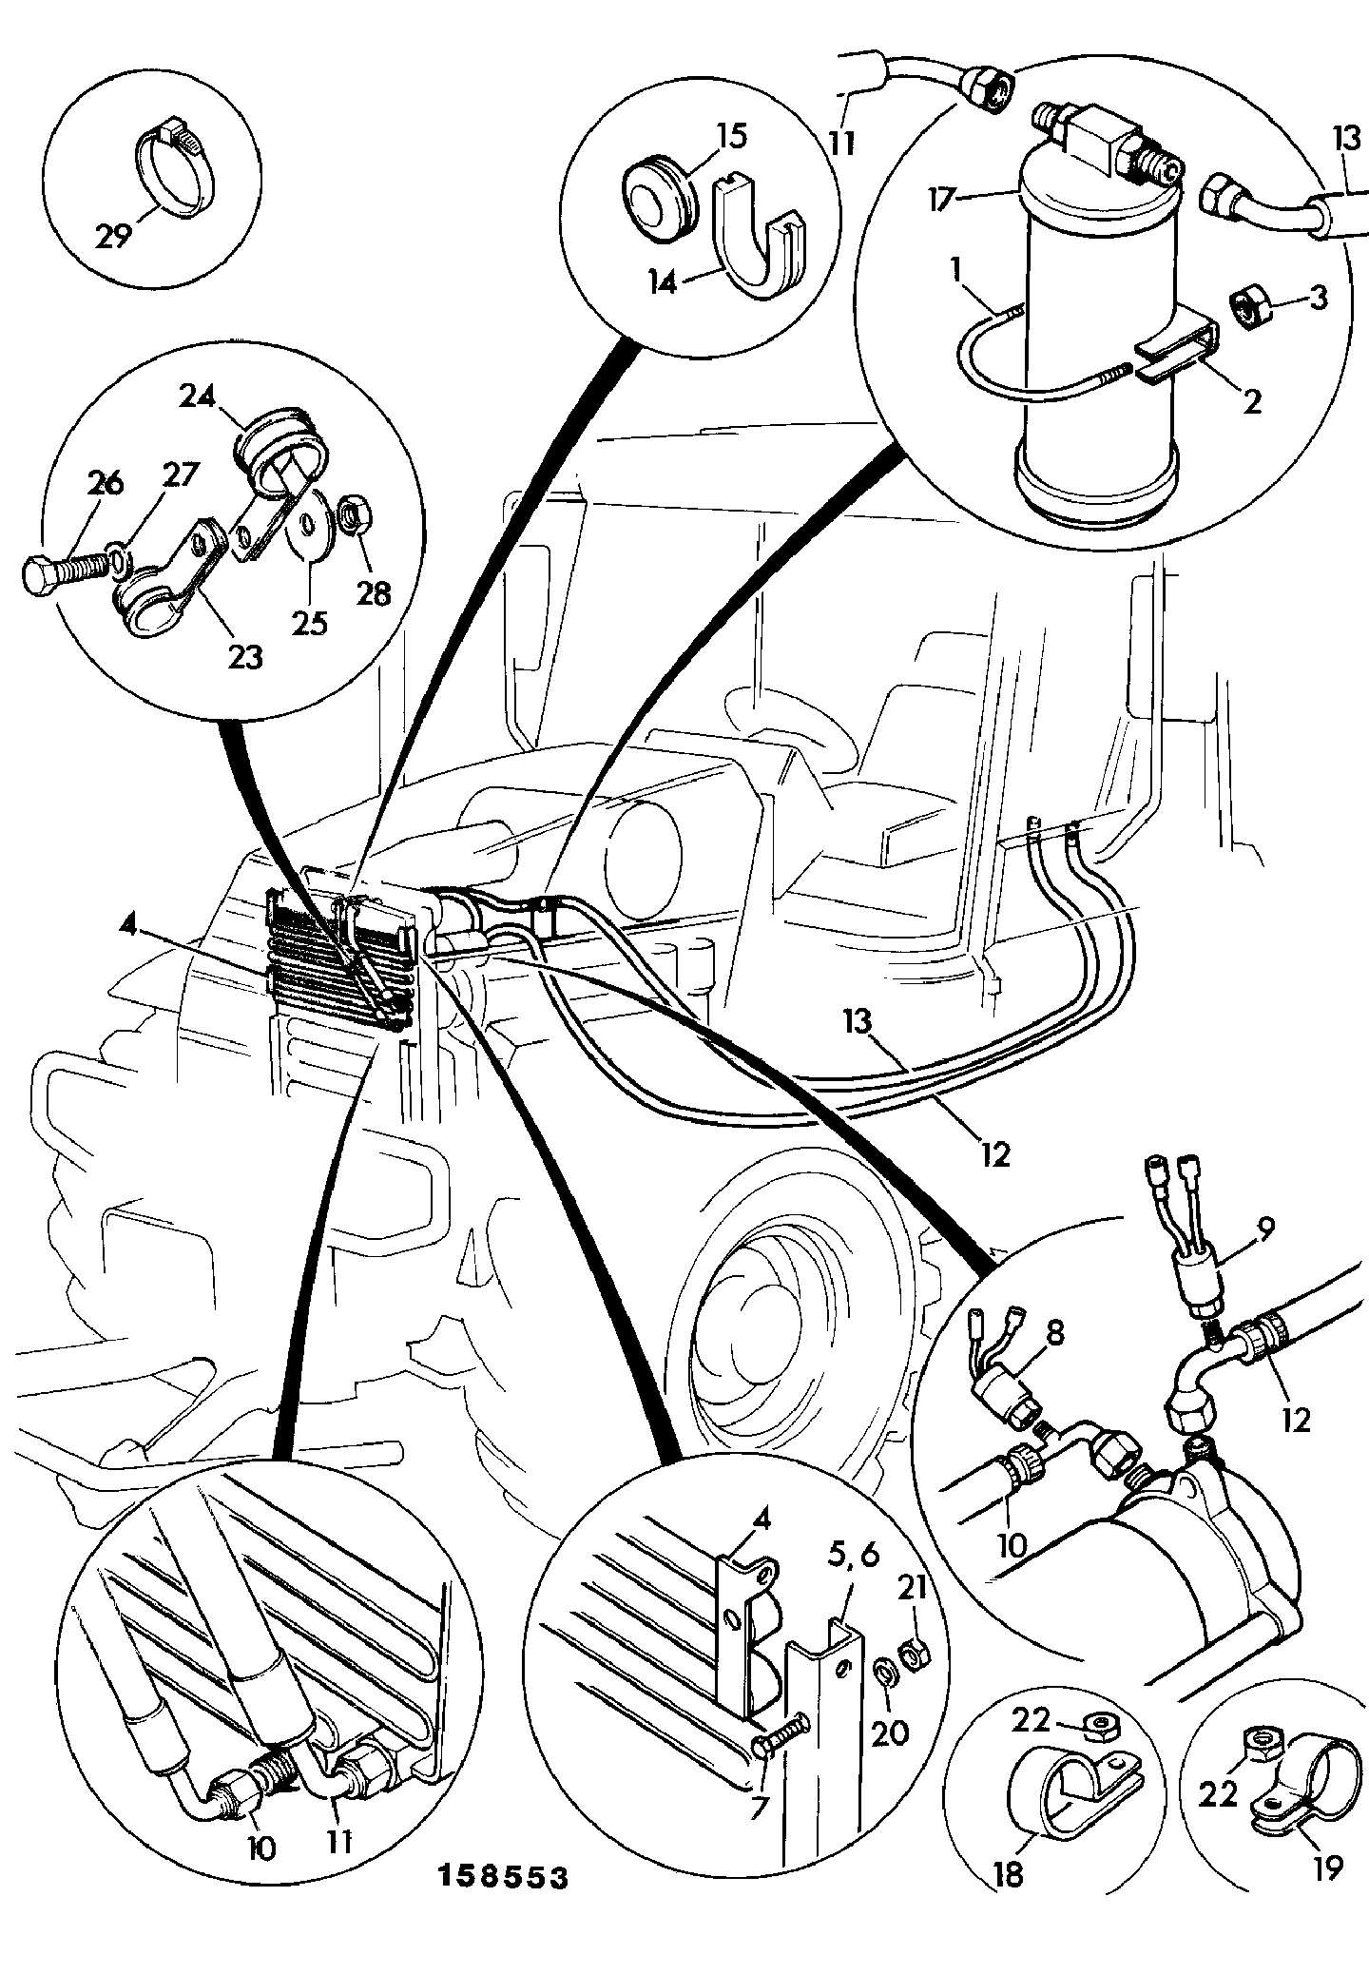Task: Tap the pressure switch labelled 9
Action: (1200, 1277)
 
